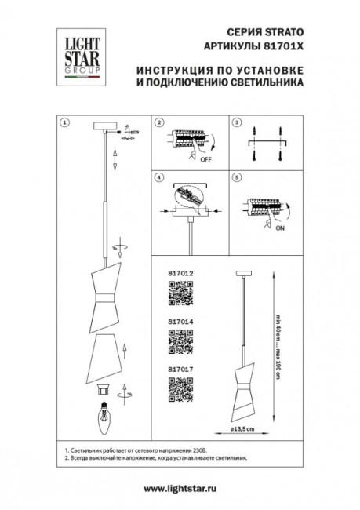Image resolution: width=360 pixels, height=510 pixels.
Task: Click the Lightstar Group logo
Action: (76, 55)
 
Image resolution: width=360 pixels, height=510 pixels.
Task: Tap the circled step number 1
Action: (66, 123)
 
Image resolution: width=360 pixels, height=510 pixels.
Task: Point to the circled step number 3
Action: (234, 123)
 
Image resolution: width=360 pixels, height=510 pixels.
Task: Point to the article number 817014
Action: (180, 322)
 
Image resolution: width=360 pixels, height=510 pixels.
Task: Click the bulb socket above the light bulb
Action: (101, 388)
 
